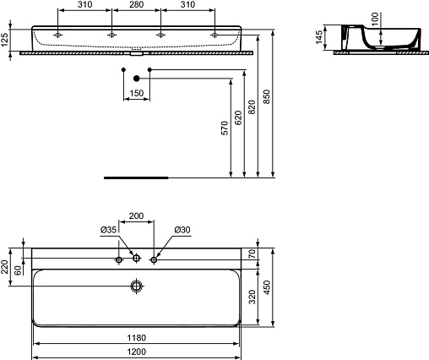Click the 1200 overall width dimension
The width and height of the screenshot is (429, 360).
pos(137,352)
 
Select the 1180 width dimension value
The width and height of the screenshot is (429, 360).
pos(137,337)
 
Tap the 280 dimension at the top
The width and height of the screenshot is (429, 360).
pos(136,4)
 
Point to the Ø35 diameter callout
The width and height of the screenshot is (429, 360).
pos(108,230)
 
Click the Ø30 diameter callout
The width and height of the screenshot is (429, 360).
pos(182,230)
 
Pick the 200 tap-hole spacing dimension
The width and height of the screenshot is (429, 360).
pos(136,215)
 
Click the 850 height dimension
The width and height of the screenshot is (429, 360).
pos(266,96)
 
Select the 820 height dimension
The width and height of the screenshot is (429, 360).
pos(252,107)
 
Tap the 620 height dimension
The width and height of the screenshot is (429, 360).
pos(238,118)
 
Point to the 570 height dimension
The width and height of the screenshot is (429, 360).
pos(225,128)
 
